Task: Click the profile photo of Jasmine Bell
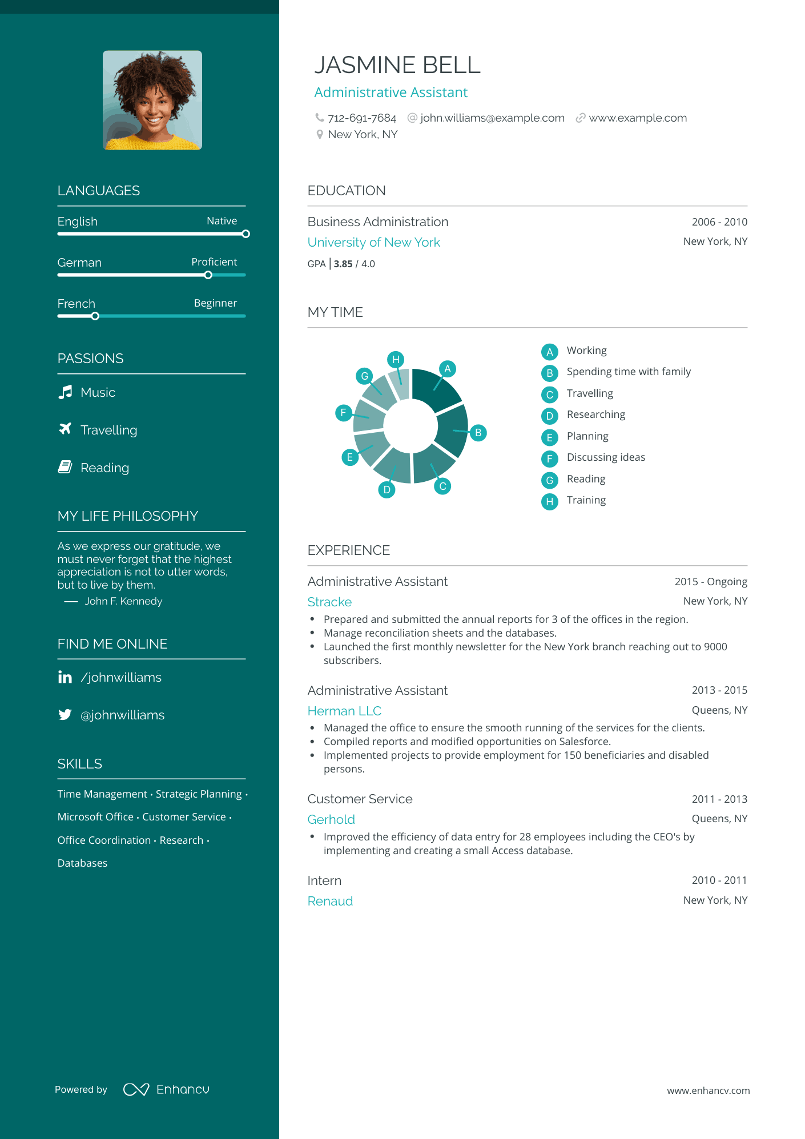[x=152, y=100]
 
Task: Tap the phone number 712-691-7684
[x=362, y=118]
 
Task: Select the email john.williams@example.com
[x=492, y=118]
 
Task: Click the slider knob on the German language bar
[x=208, y=275]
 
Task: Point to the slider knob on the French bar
[x=95, y=316]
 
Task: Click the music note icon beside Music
[x=66, y=392]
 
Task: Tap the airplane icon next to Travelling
[x=66, y=429]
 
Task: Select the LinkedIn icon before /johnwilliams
[x=65, y=677]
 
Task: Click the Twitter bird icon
[x=65, y=715]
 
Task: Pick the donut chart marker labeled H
[x=396, y=360]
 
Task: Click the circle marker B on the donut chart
[x=478, y=433]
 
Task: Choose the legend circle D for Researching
[x=549, y=416]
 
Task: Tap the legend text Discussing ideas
[x=606, y=457]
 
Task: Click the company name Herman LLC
[x=344, y=711]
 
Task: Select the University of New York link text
[x=374, y=242]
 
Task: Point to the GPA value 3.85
[x=343, y=264]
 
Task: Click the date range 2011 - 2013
[x=719, y=799]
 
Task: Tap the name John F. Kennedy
[x=123, y=601]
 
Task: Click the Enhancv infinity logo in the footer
[x=136, y=1089]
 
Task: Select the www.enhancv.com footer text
[x=708, y=1090]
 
